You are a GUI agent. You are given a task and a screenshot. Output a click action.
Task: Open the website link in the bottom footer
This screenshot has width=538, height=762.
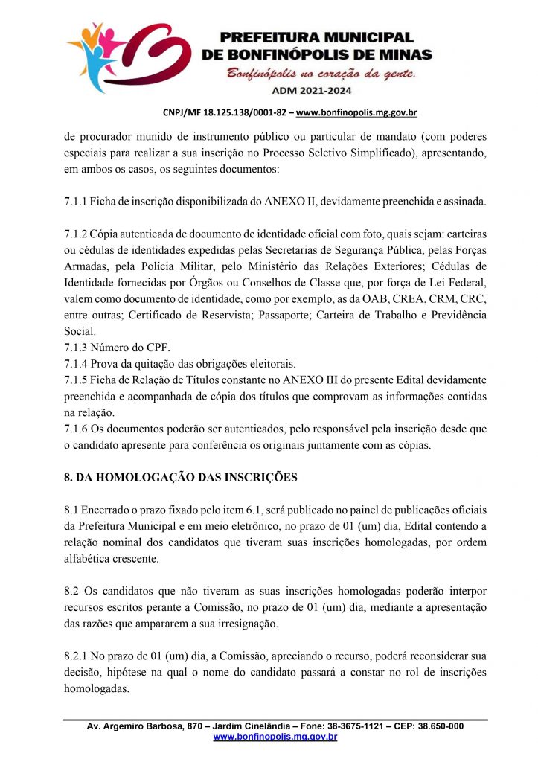[275, 737]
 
